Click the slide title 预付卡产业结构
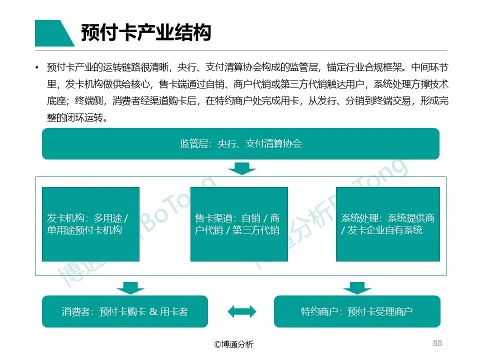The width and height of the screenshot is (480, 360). tap(146, 33)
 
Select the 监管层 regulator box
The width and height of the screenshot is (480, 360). tap(240, 144)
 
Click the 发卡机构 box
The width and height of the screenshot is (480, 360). tap(90, 224)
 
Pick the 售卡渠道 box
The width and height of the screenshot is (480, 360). tap(239, 224)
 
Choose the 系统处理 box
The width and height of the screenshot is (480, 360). tap(387, 224)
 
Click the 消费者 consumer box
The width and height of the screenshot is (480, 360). tap(124, 311)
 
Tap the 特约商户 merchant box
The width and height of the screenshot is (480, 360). tap(357, 311)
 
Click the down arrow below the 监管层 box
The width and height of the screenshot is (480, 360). tap(241, 169)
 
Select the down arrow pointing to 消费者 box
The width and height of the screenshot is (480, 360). tap(130, 288)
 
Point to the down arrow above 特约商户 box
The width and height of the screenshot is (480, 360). tap(357, 288)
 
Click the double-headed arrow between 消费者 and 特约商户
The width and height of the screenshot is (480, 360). tap(241, 311)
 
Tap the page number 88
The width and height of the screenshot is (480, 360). tap(437, 343)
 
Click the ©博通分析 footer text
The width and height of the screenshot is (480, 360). tap(233, 344)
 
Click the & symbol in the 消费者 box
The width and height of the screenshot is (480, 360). tap(153, 311)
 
